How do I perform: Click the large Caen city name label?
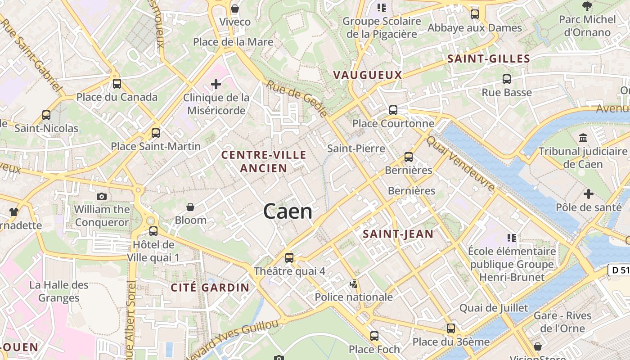pos(288,211)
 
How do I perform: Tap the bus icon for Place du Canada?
pos(117,83)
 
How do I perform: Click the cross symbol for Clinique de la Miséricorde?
pos(216,84)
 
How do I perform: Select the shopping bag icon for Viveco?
pos(234,9)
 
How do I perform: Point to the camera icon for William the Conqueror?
pos(102,196)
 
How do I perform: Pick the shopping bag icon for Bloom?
pos(190,207)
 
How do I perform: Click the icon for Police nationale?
pos(354,284)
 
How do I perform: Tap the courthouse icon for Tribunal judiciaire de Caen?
pos(584,138)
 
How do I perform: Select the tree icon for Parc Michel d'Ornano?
pos(587,6)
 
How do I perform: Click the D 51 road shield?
pos(619,270)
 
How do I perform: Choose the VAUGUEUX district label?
pos(368,75)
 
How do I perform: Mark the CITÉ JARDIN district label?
pos(210,288)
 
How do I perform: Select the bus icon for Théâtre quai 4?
pos(289,258)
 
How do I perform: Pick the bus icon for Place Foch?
pos(374,336)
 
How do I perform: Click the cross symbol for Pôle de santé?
pos(588,194)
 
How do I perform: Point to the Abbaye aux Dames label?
pos(474,28)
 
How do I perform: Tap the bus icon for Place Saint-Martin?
pos(156,133)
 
